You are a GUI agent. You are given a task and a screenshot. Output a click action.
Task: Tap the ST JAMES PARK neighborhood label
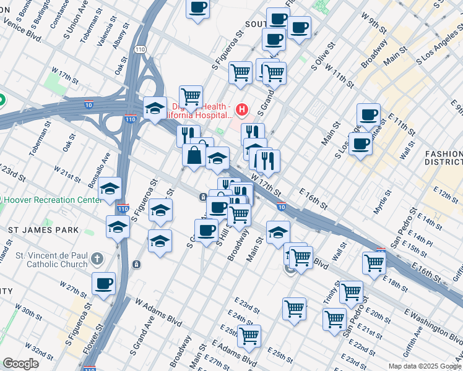(x=43, y=230)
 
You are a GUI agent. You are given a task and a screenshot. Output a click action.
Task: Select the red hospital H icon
(x=242, y=111)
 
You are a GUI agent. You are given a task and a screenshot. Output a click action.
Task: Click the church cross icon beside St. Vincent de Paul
(x=97, y=257)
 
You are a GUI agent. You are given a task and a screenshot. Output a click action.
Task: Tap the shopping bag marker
(x=194, y=155)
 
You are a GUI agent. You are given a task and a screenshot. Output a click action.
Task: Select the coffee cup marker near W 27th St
(x=104, y=283)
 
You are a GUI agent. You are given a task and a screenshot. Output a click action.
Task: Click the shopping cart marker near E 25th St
(x=249, y=336)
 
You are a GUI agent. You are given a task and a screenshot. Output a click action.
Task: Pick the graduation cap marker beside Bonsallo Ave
(x=110, y=188)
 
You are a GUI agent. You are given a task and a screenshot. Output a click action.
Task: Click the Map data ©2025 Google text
(x=424, y=366)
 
